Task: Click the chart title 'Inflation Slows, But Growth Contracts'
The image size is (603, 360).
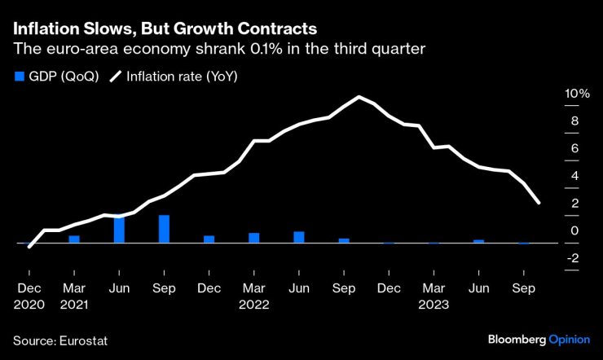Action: (x=165, y=28)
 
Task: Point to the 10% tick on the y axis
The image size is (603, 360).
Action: (x=577, y=94)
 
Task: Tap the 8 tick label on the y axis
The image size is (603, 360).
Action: (x=574, y=121)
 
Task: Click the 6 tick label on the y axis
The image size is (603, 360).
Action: (x=574, y=148)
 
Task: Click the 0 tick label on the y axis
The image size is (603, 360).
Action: (x=574, y=230)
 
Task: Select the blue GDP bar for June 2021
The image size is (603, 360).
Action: (x=119, y=229)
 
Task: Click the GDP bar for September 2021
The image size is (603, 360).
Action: (x=164, y=229)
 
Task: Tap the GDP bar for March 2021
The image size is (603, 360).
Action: (x=74, y=239)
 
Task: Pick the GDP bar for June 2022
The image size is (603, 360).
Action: (x=299, y=237)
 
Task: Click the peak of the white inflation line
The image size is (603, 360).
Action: (x=359, y=98)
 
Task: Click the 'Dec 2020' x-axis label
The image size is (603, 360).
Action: (x=29, y=297)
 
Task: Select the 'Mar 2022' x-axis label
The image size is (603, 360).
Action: (x=254, y=297)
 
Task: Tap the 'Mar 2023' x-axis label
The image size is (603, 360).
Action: (x=434, y=297)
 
